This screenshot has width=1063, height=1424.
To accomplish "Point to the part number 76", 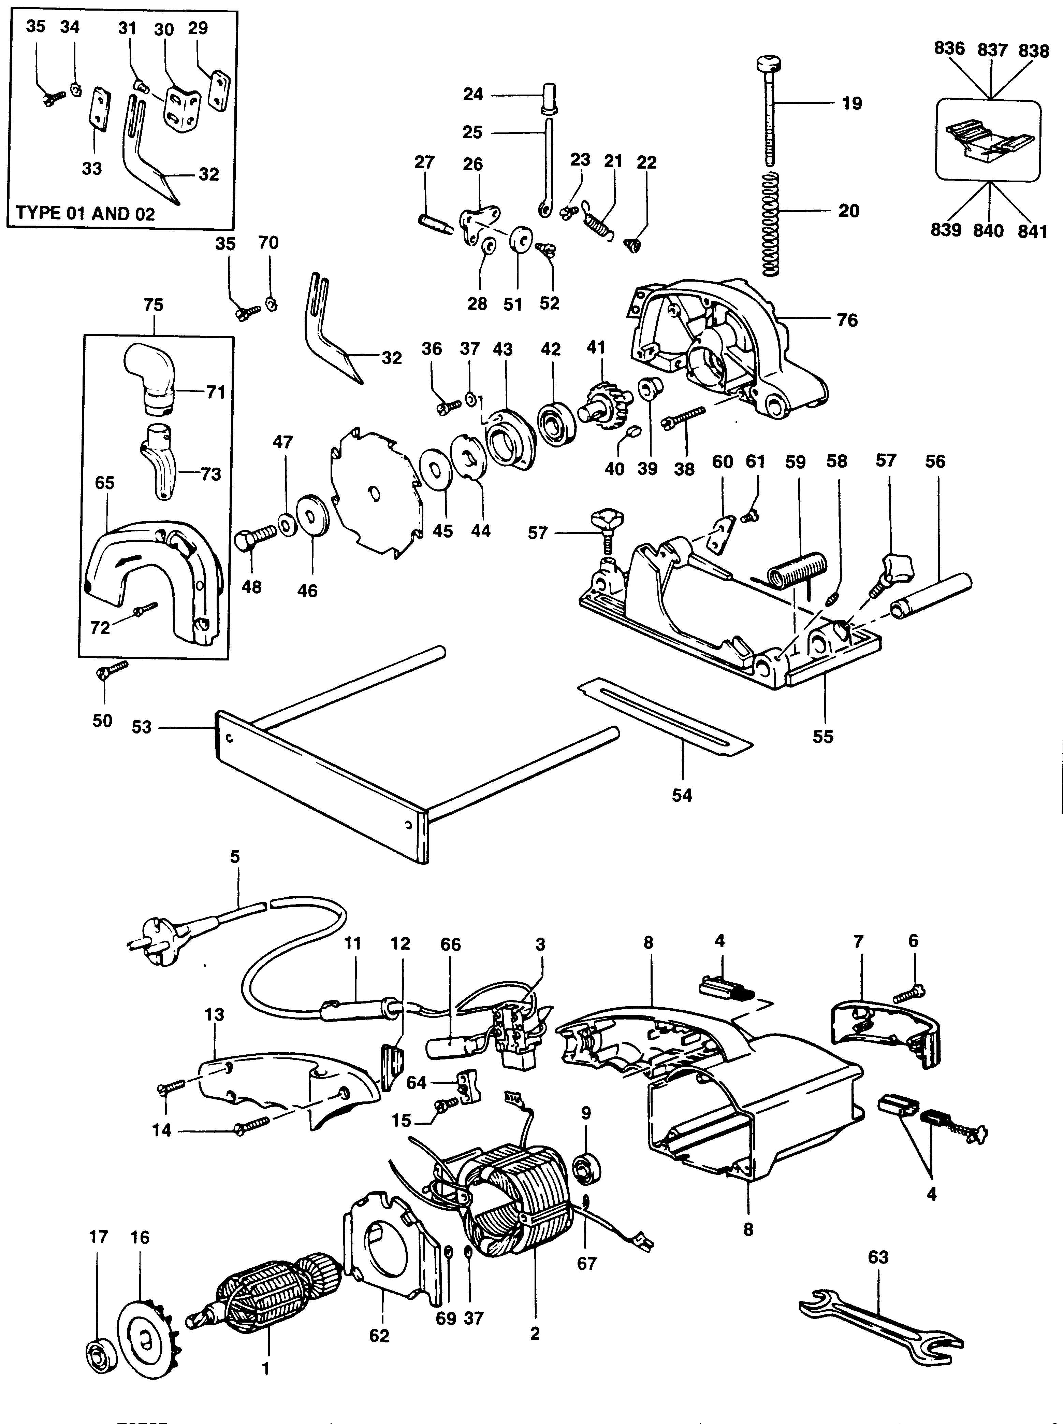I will (x=847, y=320).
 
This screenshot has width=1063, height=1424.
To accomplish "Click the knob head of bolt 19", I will (x=770, y=65).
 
